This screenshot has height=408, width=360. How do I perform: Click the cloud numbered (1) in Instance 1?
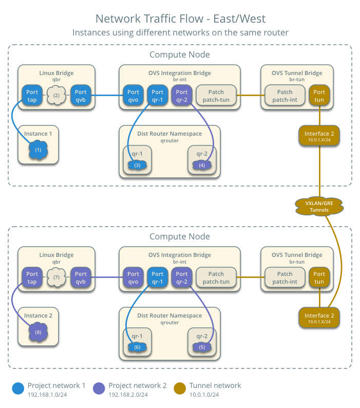tap(39, 151)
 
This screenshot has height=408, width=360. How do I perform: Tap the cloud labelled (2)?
tap(56, 96)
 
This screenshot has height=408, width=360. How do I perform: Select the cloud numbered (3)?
tap(137, 165)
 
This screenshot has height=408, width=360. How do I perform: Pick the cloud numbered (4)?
tap(202, 165)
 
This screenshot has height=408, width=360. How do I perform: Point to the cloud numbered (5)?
tap(202, 347)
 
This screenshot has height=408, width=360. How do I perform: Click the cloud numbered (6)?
tap(137, 347)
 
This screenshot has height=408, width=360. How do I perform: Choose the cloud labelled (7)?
tap(56, 277)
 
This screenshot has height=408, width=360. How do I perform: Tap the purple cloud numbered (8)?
tap(39, 332)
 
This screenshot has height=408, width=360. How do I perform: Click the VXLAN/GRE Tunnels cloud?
tap(319, 206)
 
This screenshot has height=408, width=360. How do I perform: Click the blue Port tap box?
tap(32, 96)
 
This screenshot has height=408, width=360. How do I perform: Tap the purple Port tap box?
tap(32, 277)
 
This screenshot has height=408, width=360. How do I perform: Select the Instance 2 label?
tap(39, 316)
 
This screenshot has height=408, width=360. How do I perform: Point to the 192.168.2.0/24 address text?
tap(128, 395)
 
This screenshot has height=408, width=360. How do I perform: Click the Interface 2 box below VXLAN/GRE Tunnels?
tap(319, 318)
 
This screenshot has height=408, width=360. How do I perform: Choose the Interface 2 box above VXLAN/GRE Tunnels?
tap(319, 136)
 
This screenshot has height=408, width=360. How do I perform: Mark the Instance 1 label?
tap(39, 134)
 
